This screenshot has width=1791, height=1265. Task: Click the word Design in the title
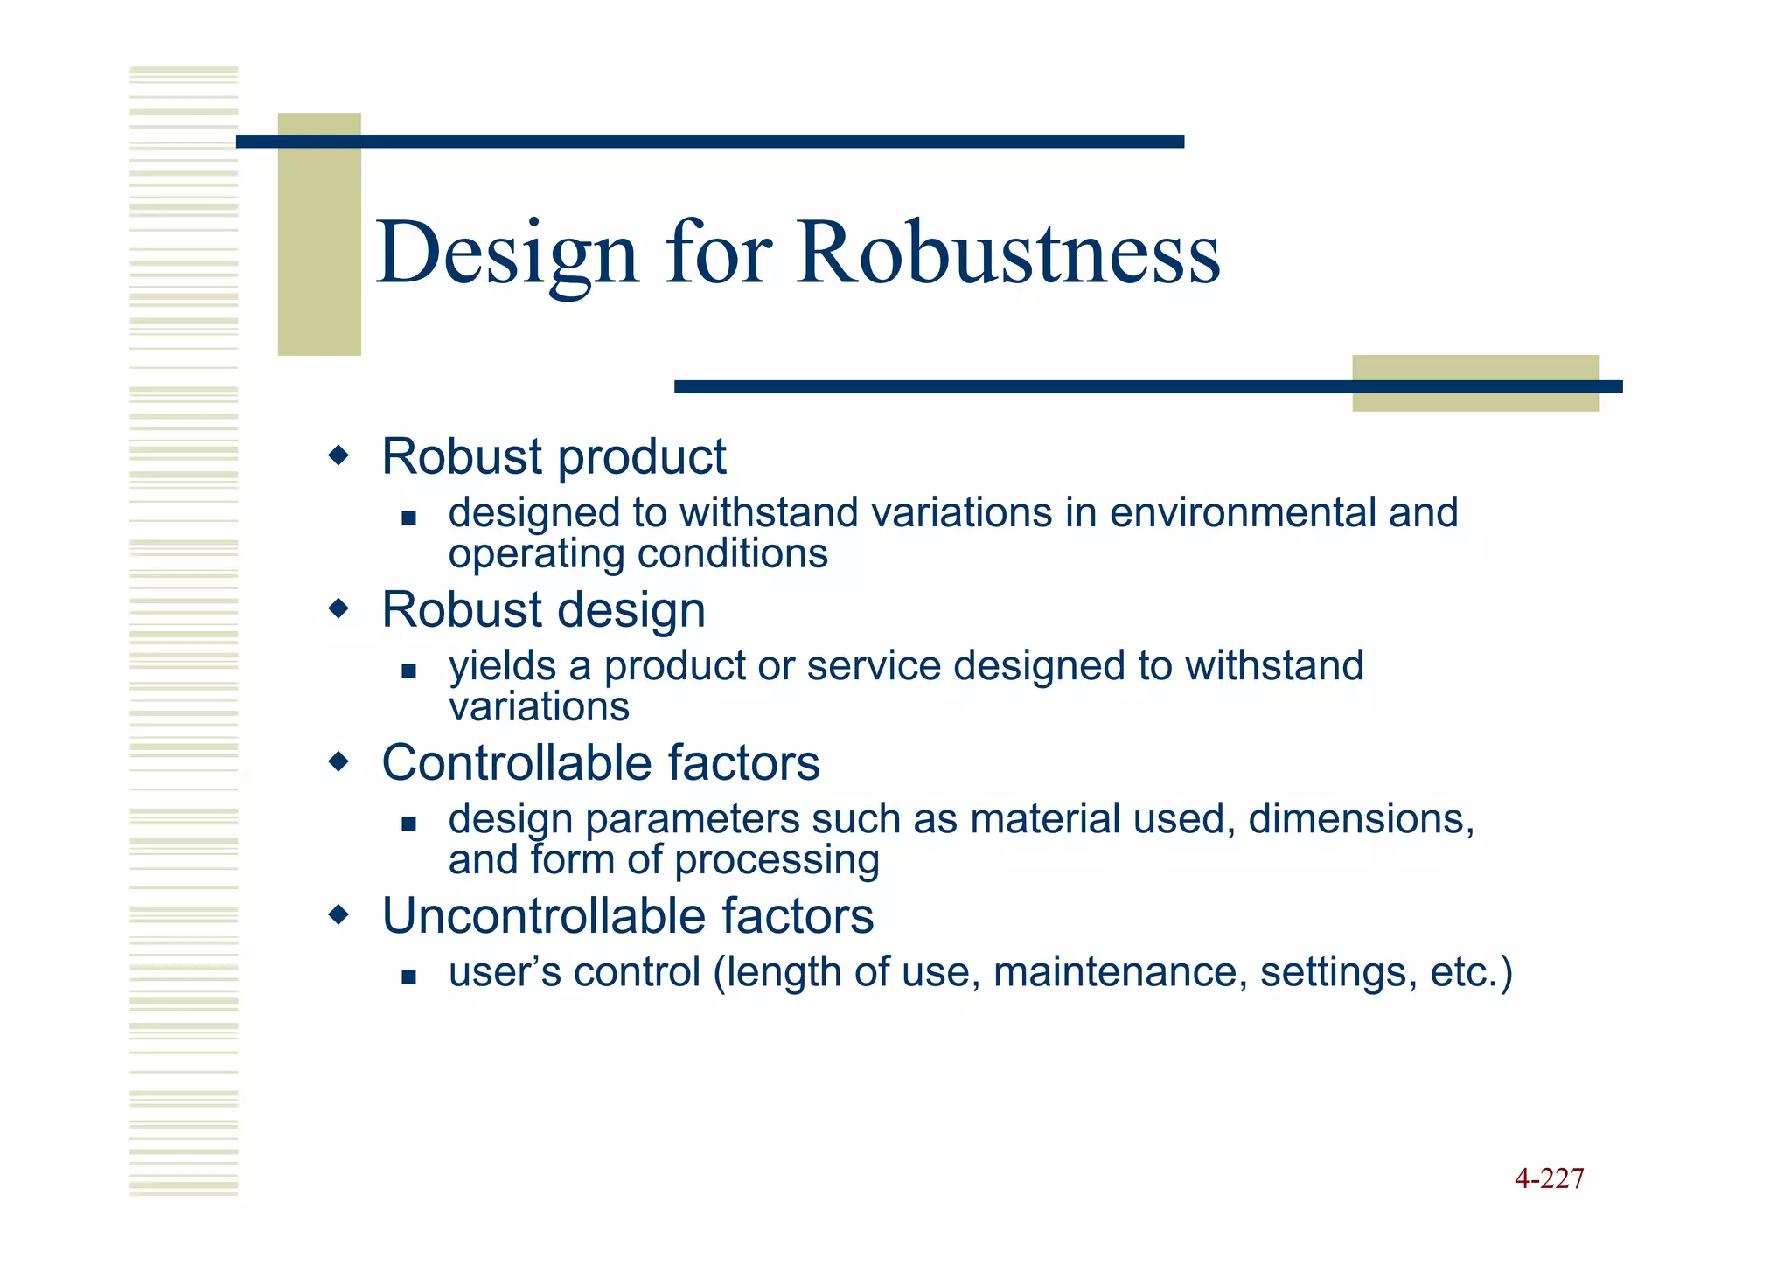click(507, 254)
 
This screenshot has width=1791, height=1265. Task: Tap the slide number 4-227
click(1549, 1178)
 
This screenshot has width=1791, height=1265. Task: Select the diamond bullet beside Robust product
click(338, 455)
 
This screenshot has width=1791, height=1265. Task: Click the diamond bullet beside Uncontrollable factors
click(338, 915)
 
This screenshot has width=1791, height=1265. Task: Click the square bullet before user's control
click(408, 977)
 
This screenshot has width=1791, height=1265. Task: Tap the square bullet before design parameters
click(408, 824)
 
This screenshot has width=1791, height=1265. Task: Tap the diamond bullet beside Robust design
click(338, 608)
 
